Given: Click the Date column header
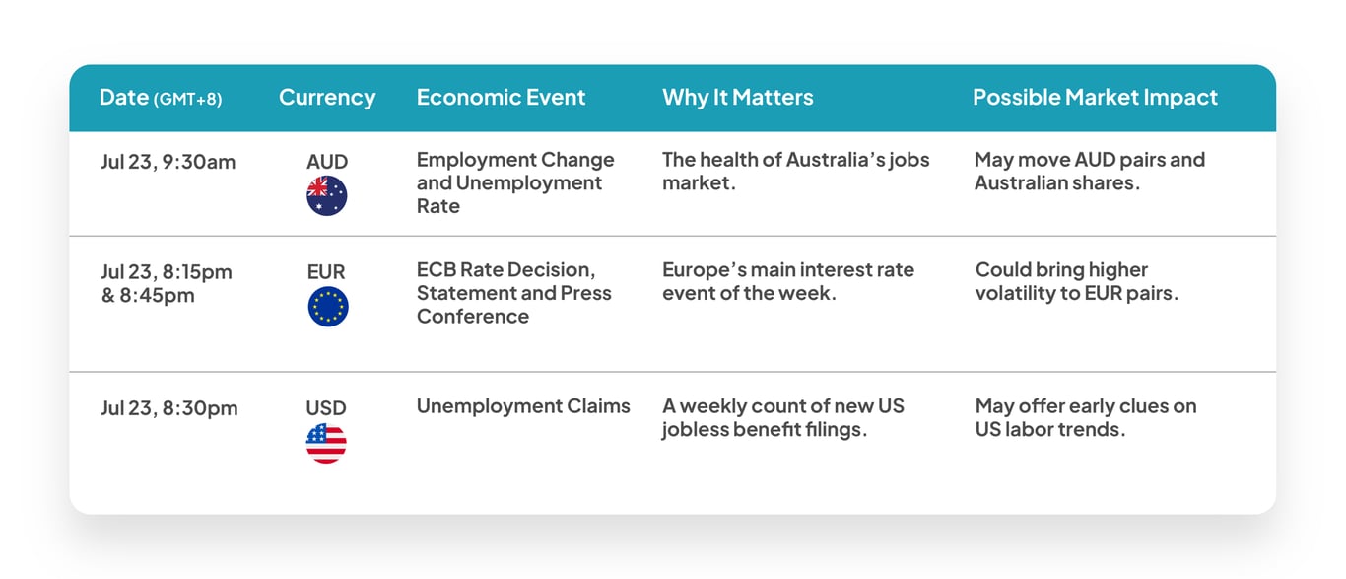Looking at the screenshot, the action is point(161,98).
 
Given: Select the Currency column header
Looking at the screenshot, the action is point(327,98).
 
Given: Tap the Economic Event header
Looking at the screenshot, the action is point(501,97).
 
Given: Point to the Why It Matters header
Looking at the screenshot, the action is point(737,97).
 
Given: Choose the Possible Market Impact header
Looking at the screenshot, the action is point(1095,97).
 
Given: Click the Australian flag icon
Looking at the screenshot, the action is point(327,196).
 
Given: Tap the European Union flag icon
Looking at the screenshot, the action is point(328,307).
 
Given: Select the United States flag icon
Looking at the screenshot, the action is point(326,443).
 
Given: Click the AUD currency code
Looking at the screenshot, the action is point(327,162).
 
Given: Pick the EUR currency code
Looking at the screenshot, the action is point(326,272).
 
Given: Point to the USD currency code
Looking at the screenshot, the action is point(326,408).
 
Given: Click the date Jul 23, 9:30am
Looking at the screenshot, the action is point(168,163).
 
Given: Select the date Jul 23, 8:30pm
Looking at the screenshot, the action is point(169,408).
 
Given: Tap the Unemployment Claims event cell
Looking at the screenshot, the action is point(523,406).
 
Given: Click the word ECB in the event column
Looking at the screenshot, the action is point(436,270).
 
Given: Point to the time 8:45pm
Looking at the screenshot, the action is point(157,296).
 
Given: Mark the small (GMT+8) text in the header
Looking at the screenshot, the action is point(187,100).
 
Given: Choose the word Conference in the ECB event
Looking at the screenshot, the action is point(473,317).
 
